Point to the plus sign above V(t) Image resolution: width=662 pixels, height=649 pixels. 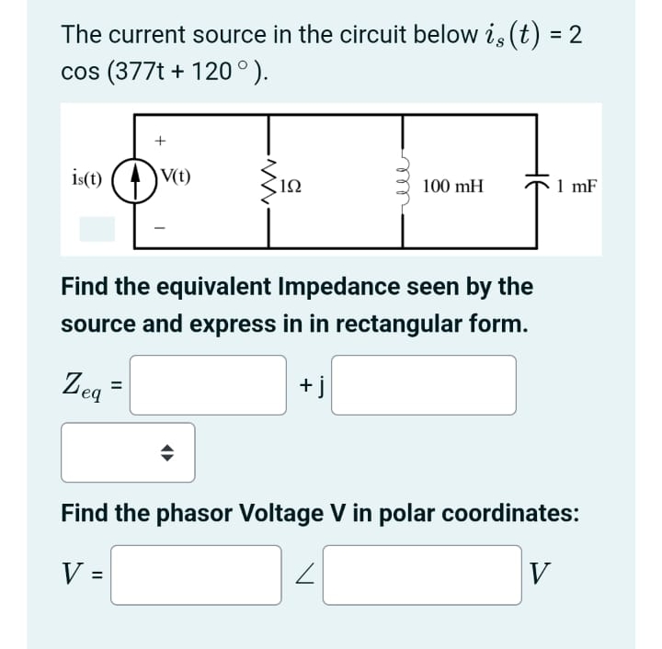pyautogui.click(x=159, y=141)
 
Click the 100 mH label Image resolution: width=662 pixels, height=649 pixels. pyautogui.click(x=452, y=188)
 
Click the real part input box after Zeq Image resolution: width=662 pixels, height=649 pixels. pyautogui.click(x=207, y=385)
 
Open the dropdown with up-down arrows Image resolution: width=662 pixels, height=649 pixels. pyautogui.click(x=128, y=452)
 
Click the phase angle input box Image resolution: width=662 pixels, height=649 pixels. pyautogui.click(x=422, y=575)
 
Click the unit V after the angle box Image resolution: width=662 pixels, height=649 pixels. pyautogui.click(x=542, y=576)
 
